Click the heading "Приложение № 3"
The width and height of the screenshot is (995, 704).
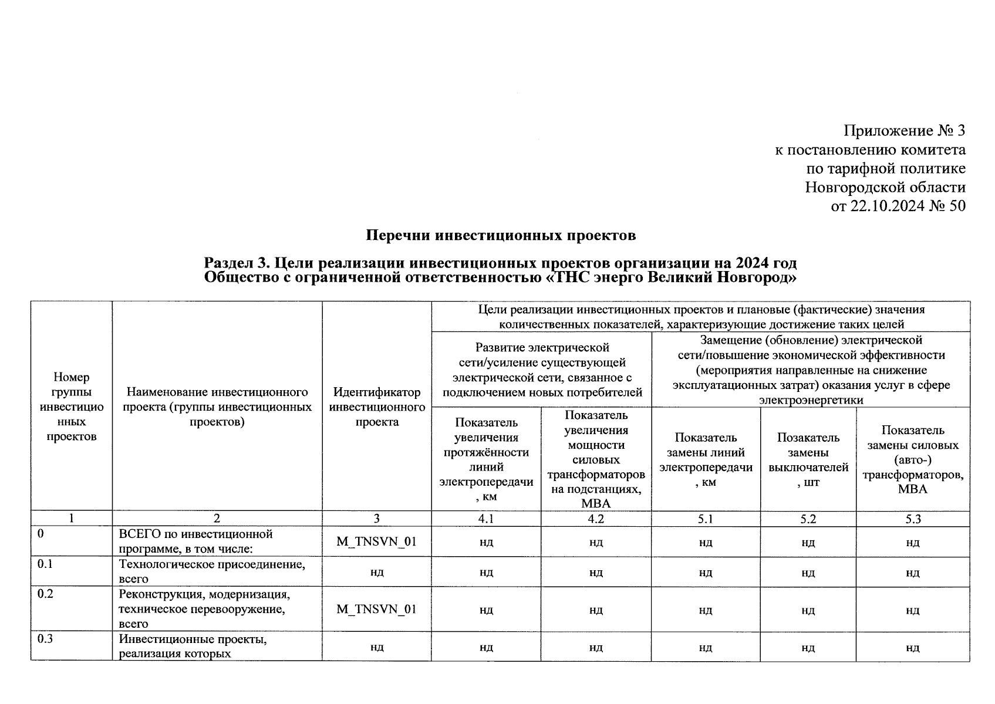tap(904, 130)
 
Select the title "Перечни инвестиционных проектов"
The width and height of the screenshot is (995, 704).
tap(501, 236)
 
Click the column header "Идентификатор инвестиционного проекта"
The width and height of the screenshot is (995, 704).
tap(377, 407)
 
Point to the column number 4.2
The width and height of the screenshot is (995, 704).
tap(596, 519)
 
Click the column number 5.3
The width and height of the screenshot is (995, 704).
tap(913, 519)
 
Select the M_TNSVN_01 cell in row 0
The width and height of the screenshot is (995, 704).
tap(377, 541)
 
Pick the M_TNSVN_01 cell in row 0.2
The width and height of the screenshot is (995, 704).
tap(377, 609)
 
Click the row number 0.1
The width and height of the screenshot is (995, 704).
tap(45, 564)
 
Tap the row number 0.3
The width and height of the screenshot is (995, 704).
tap(45, 639)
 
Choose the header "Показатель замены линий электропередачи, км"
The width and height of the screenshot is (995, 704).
tap(706, 459)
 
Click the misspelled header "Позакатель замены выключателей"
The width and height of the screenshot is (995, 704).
tap(808, 459)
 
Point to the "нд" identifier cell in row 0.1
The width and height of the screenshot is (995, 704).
tap(377, 572)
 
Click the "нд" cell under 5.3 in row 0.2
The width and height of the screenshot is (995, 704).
tap(913, 610)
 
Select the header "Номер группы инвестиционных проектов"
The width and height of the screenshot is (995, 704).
tap(71, 407)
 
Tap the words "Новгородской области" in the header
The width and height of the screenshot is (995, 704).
tap(885, 187)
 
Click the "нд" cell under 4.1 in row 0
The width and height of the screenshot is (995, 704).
tap(486, 542)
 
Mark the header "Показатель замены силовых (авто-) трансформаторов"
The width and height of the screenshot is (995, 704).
tap(913, 459)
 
